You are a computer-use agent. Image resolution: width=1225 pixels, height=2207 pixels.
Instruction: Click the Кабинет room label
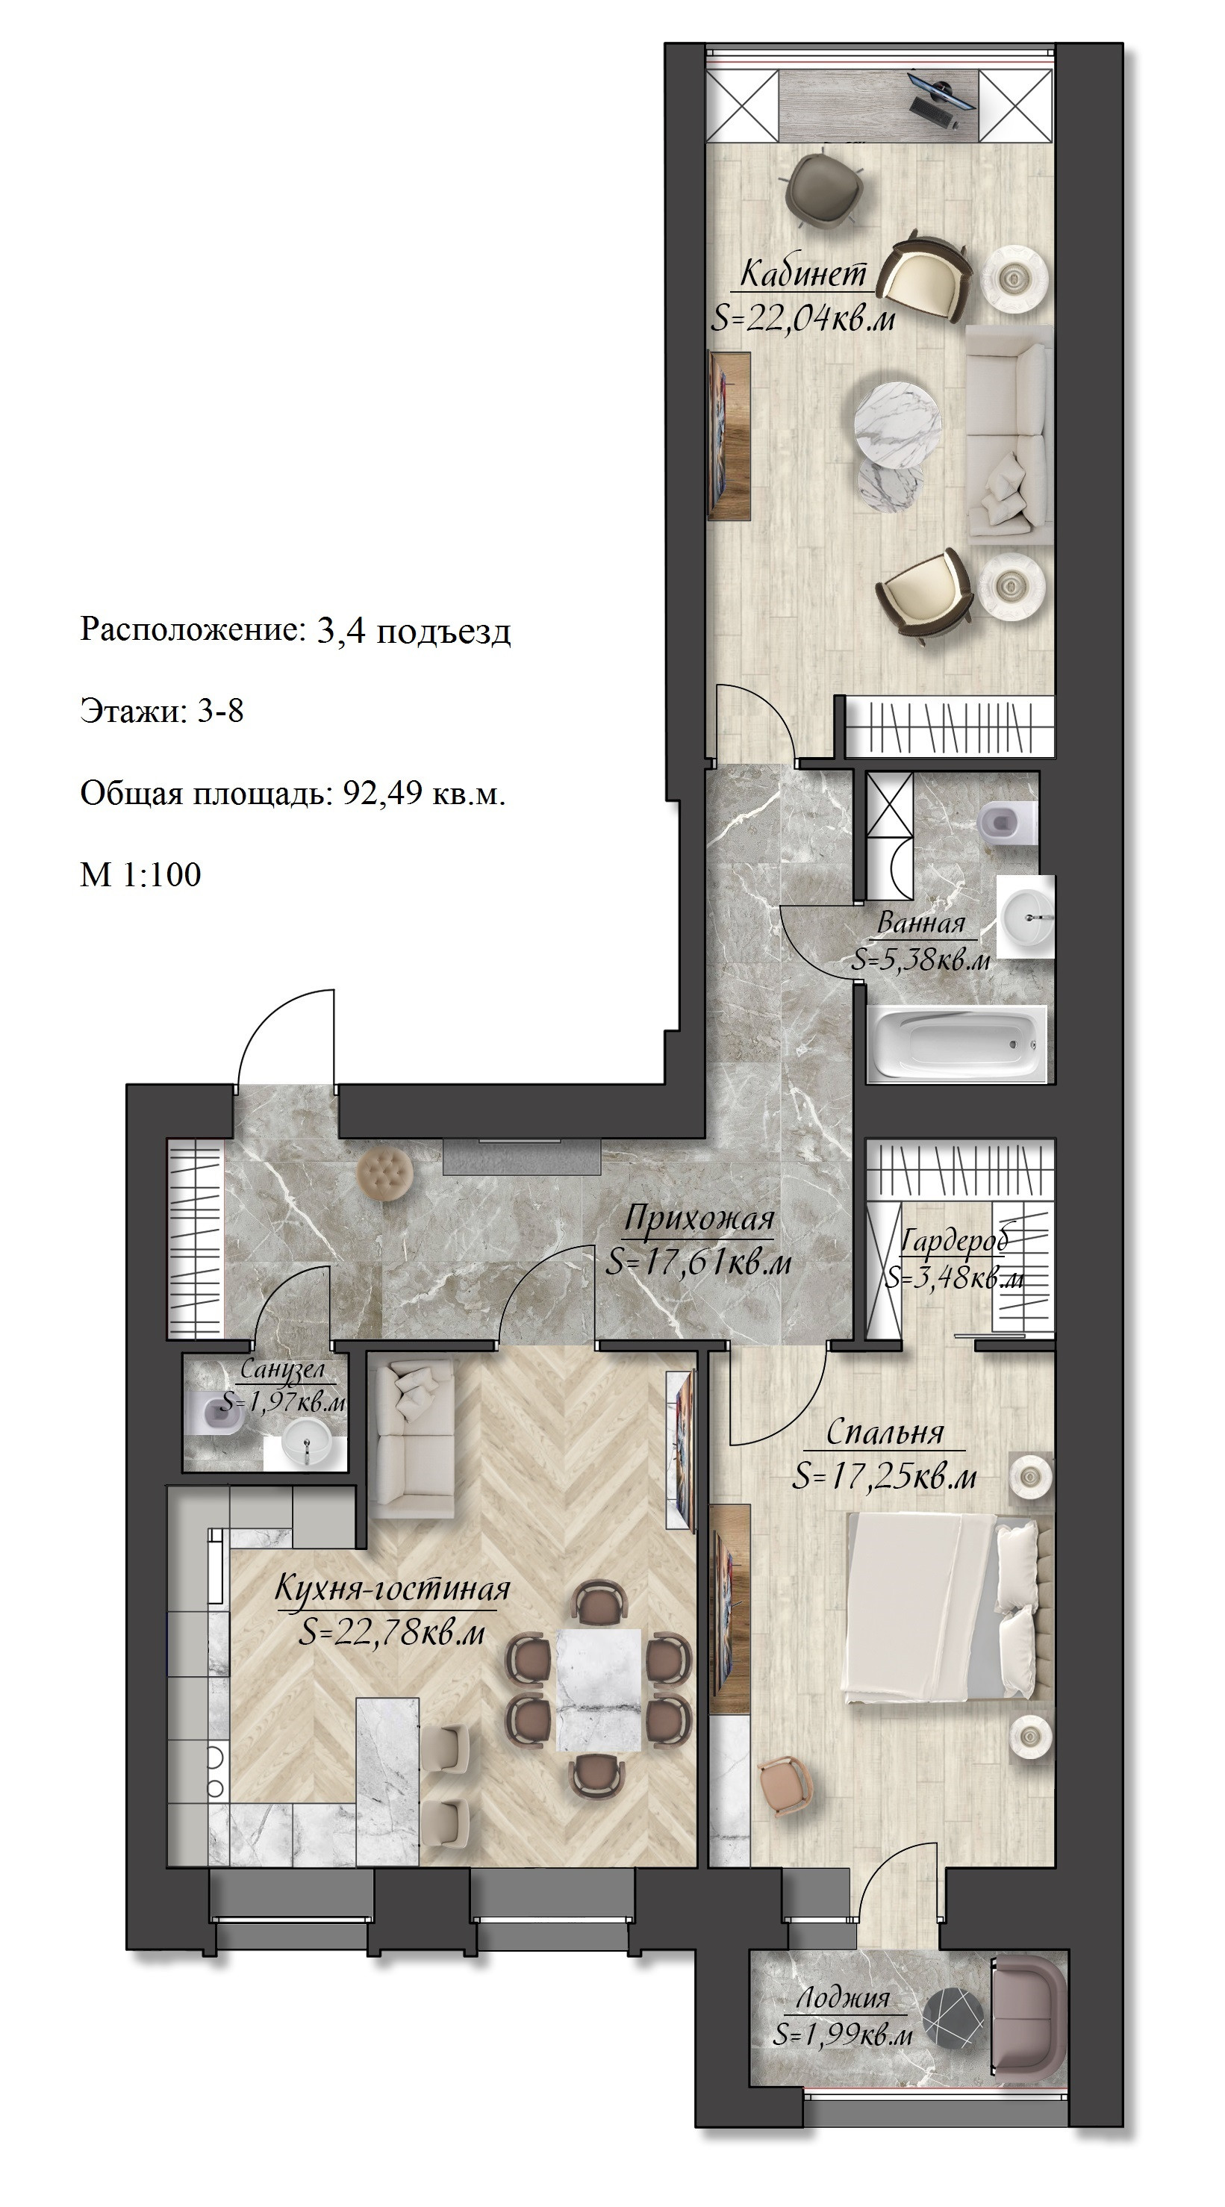(802, 273)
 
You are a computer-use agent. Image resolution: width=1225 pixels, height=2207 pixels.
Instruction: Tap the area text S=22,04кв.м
(803, 319)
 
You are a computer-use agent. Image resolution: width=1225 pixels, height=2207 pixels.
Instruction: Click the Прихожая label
(699, 1218)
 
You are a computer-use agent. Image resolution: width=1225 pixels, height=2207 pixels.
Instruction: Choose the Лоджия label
(844, 1998)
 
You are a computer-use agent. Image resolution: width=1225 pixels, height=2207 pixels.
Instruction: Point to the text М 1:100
(140, 875)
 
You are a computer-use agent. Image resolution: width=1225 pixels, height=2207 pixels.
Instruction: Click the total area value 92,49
(383, 794)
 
